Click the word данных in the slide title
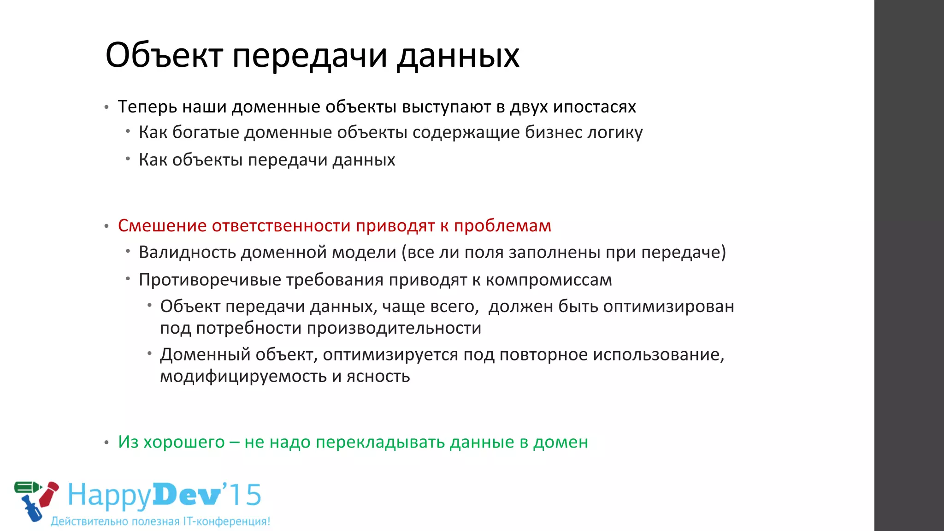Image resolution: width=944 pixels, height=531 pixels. pos(458,55)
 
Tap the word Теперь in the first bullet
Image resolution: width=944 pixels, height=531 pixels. pos(147,106)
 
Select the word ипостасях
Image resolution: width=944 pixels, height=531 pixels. pos(594,106)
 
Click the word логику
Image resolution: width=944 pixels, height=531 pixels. pos(615,133)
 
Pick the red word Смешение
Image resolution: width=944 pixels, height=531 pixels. pos(162,226)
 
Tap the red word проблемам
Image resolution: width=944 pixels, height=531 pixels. pos(502,226)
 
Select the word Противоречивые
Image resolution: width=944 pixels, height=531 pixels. pos(210,280)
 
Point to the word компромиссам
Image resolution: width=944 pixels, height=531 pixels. pos(549,280)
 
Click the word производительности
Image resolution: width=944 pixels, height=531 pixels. pos(394,328)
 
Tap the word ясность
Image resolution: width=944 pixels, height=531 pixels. pos(378,377)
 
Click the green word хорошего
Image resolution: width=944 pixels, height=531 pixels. pos(184,442)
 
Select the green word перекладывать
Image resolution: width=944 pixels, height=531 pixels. pos(380,442)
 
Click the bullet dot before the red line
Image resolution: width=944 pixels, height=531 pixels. pos(106,226)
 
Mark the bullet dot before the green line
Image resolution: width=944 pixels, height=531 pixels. pos(106,443)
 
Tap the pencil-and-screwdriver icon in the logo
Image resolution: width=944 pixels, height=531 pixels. pos(36,500)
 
